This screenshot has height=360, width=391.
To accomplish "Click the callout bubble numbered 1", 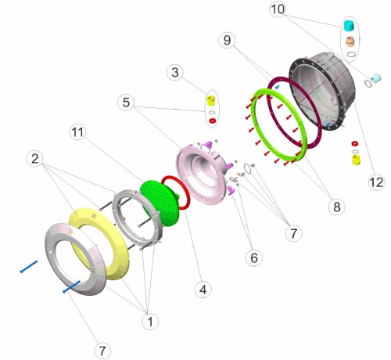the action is point(150,322).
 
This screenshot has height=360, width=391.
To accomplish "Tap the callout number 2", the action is point(35,159).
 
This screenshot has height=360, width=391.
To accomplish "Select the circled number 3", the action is point(175,72).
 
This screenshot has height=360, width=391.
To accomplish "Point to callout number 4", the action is point(203,290).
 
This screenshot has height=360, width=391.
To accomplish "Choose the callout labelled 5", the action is point(126,103).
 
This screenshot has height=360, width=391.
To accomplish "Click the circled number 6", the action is point(254,257).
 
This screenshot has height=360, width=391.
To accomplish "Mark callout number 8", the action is point(337,207).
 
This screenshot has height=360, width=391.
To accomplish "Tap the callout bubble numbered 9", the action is point(227,40).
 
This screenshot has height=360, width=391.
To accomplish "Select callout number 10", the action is point(278,9).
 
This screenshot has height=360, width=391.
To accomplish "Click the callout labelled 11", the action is point(78,132).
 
